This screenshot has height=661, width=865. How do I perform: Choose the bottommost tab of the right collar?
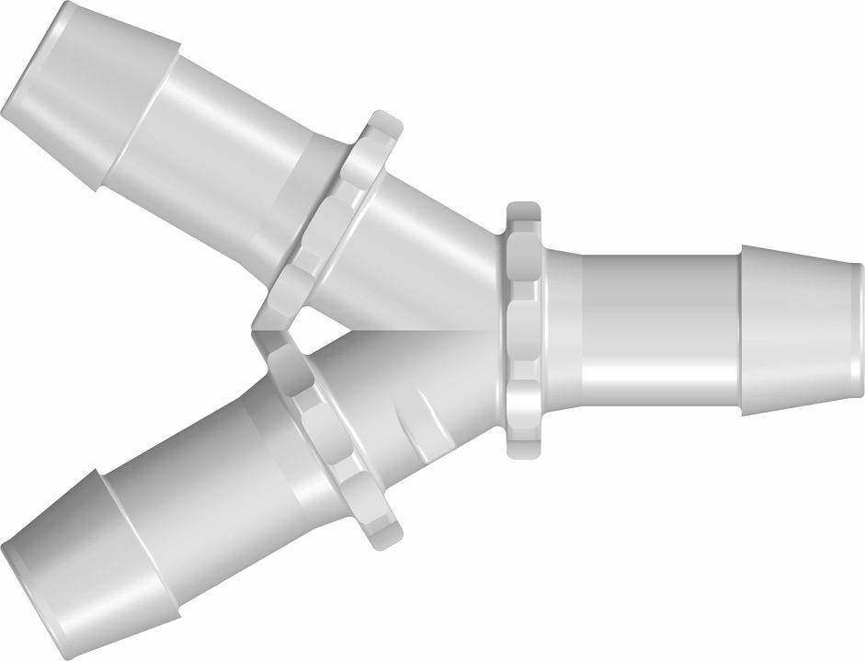click(522, 446)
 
